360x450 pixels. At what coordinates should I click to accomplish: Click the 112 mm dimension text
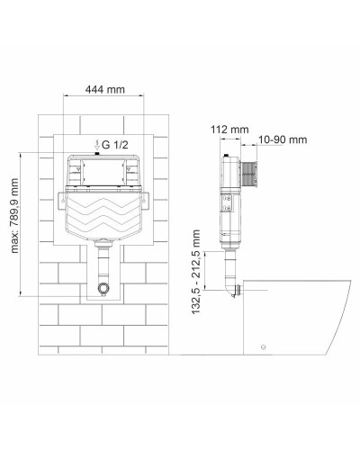(234, 129)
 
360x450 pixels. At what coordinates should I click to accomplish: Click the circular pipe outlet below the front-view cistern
(104, 289)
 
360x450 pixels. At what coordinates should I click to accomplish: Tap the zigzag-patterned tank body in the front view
(104, 217)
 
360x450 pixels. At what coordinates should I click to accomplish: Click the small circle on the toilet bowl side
(264, 347)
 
